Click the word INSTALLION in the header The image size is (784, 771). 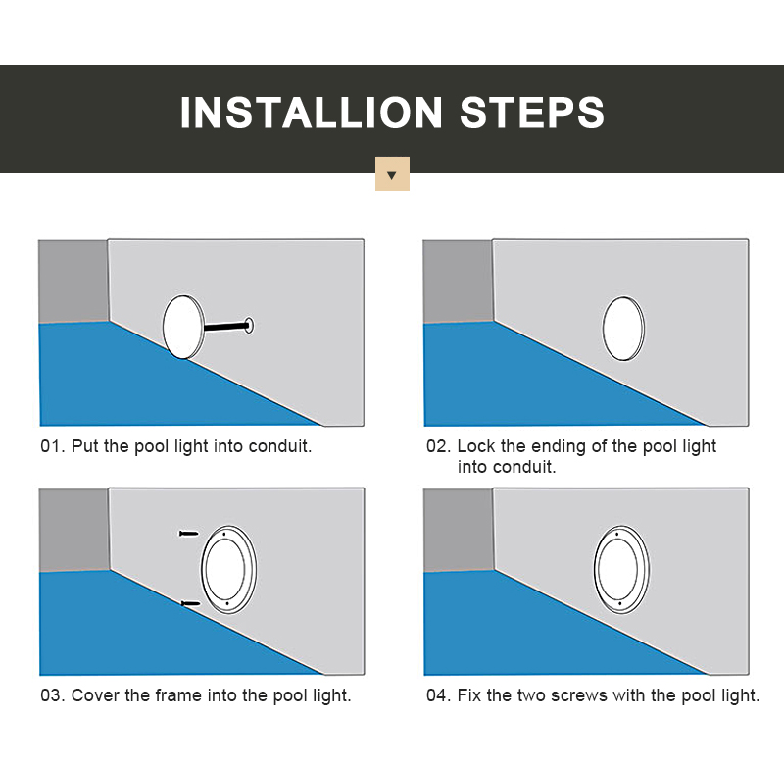(311, 113)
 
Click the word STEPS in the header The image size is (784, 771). (532, 113)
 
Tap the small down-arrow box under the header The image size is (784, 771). (392, 175)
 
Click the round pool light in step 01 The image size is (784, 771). (183, 327)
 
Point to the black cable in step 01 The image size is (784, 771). (226, 327)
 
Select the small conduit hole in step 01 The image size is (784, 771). (249, 326)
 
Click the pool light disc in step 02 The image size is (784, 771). (623, 329)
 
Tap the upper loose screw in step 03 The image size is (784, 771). (189, 534)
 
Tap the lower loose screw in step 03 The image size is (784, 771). (190, 604)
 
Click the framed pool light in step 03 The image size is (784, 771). (228, 569)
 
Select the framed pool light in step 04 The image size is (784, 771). (621, 569)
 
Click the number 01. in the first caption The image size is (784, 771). (53, 446)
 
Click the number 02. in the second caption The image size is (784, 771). (438, 446)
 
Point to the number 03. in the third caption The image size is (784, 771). (53, 695)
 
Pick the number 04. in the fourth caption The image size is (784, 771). (438, 695)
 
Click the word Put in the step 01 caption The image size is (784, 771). (84, 446)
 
